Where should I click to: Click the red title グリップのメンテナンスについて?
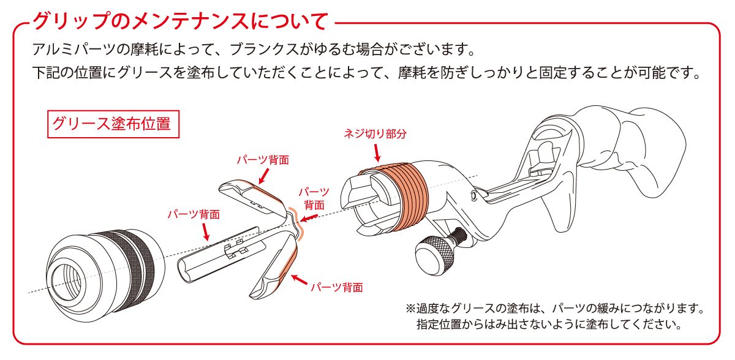click(181, 21)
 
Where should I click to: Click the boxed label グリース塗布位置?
click(113, 124)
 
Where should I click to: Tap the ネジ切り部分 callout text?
click(375, 133)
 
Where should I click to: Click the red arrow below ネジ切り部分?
click(377, 153)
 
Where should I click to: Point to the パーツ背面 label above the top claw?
click(263, 160)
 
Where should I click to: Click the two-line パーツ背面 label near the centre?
click(314, 198)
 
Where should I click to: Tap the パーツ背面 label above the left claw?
click(194, 215)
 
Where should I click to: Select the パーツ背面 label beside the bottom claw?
click(337, 288)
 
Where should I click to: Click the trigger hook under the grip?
click(558, 210)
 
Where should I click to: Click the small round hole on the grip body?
click(473, 196)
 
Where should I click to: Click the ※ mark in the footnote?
click(410, 309)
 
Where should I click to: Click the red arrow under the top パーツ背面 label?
click(264, 176)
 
